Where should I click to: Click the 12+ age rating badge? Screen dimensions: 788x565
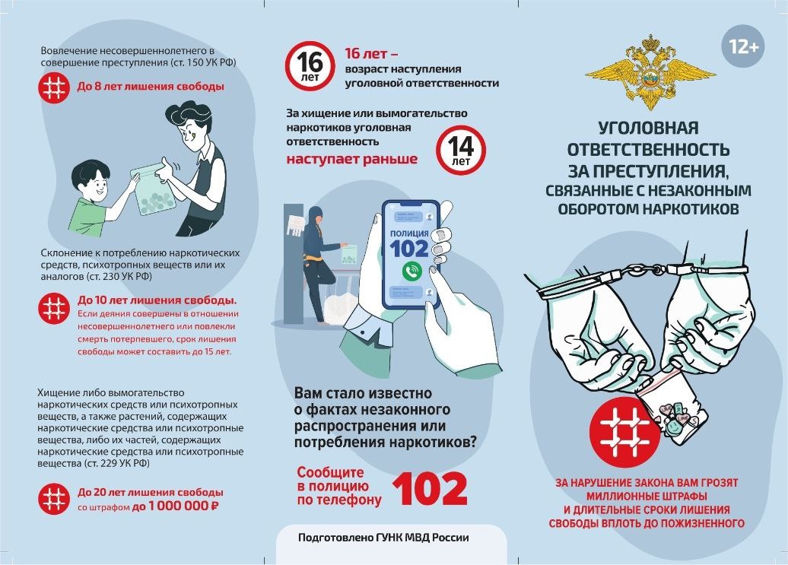pyautogui.click(x=743, y=46)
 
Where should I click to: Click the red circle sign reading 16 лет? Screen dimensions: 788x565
pyautogui.click(x=310, y=66)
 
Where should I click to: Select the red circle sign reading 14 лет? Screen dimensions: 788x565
pyautogui.click(x=461, y=150)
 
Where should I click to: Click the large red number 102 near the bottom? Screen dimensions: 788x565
pyautogui.click(x=430, y=489)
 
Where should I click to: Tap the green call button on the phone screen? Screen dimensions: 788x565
pyautogui.click(x=412, y=271)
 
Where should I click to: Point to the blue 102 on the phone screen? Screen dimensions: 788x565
pyautogui.click(x=409, y=249)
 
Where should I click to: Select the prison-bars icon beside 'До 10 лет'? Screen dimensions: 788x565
pyautogui.click(x=54, y=308)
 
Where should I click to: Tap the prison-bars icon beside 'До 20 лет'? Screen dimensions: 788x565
pyautogui.click(x=53, y=498)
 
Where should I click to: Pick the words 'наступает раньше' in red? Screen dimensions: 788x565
pyautogui.click(x=351, y=159)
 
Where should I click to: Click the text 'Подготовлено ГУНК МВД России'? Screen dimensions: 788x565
pyautogui.click(x=383, y=538)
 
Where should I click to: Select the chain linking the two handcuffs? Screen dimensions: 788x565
pyautogui.click(x=646, y=269)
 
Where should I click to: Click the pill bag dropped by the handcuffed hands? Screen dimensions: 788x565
pyautogui.click(x=675, y=411)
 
